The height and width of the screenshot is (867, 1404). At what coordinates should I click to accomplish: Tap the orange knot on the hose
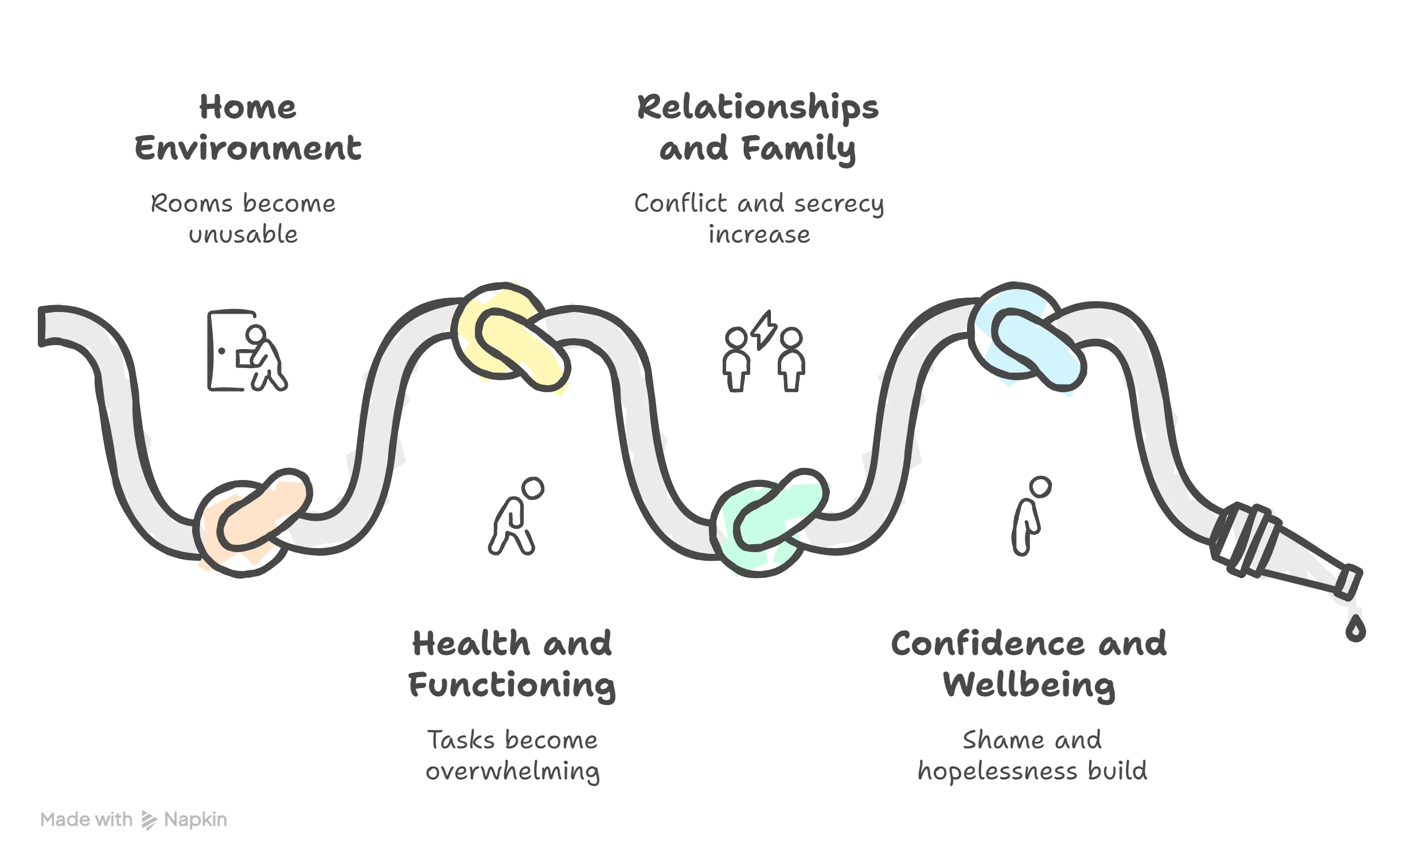(255, 522)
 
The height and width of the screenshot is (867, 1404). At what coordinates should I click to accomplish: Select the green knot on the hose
(769, 522)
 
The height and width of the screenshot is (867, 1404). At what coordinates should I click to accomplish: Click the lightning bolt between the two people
(764, 330)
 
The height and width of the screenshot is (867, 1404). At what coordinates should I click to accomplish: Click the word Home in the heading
(248, 107)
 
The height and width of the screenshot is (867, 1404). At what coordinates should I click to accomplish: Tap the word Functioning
(512, 686)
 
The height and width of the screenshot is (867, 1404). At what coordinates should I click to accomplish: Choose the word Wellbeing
(1029, 685)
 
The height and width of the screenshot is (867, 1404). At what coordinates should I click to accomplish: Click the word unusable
(243, 234)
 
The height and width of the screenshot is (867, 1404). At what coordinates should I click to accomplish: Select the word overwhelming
(513, 772)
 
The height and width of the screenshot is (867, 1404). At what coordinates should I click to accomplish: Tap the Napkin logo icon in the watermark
(149, 821)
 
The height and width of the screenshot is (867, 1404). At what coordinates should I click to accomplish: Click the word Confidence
(988, 643)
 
